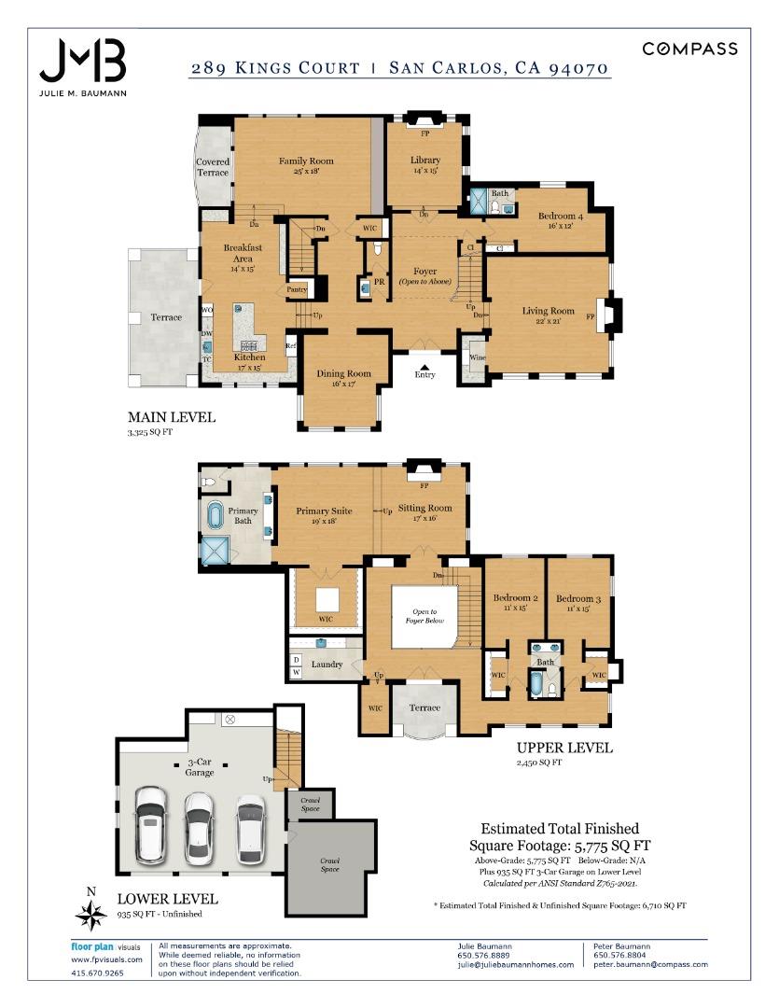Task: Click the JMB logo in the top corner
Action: point(82,62)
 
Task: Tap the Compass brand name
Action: point(689,49)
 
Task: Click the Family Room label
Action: point(306,161)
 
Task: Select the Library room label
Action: point(424,160)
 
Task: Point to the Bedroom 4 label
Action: point(560,217)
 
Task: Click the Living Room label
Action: point(548,311)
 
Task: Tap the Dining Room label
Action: point(343,373)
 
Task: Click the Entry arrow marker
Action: point(424,368)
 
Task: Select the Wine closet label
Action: point(477,357)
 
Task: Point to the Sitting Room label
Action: point(424,509)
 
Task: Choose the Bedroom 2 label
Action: point(515,598)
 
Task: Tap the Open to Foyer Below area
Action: point(424,616)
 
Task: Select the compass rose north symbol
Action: point(90,916)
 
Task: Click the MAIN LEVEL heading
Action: point(172,417)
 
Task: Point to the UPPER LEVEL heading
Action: point(564,748)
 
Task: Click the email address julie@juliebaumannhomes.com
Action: point(515,964)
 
